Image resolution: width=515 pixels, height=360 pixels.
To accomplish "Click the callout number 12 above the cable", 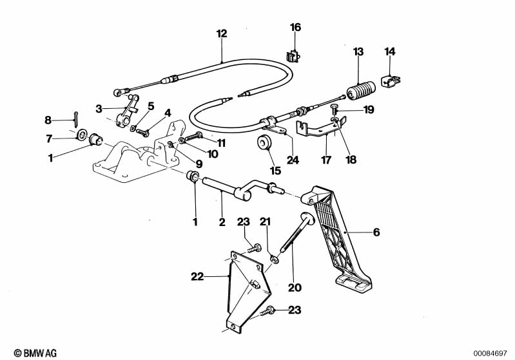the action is (x=222, y=33).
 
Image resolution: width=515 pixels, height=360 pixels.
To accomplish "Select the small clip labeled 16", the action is (x=293, y=56).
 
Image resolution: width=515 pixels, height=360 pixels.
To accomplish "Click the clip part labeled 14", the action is (x=390, y=81).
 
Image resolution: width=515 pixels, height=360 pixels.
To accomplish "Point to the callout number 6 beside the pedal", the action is (x=376, y=232).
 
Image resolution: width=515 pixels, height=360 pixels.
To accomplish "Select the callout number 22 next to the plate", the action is (x=197, y=277).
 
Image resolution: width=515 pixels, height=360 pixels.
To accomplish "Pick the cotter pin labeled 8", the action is (x=75, y=118).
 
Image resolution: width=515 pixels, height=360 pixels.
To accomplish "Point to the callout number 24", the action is (x=293, y=160).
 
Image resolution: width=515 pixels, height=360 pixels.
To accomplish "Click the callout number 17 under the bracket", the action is (x=326, y=160).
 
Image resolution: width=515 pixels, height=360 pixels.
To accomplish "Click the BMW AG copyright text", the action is (x=35, y=353).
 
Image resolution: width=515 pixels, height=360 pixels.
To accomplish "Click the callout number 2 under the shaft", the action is (x=222, y=222).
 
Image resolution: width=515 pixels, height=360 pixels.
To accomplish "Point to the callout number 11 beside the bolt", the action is (x=221, y=143).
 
